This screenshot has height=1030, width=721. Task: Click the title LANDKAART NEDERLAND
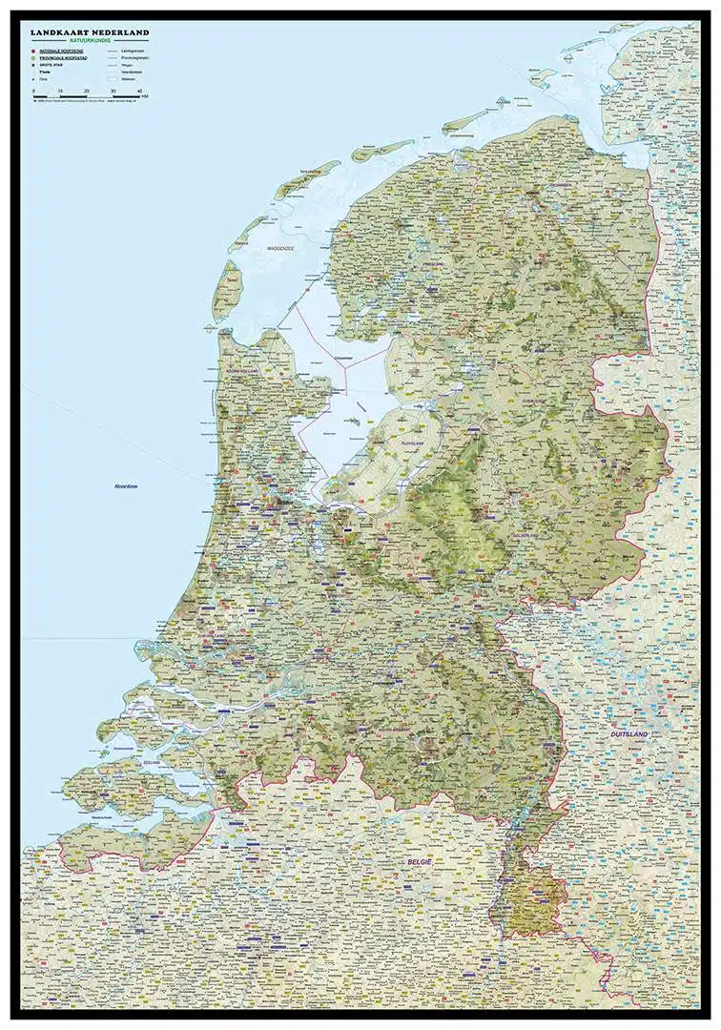click(x=90, y=32)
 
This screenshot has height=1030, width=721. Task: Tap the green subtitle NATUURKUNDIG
click(x=90, y=41)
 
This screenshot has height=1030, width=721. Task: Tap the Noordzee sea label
click(x=126, y=486)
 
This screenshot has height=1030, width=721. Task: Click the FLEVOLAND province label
click(x=413, y=443)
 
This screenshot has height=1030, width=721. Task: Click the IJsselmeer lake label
click(x=344, y=358)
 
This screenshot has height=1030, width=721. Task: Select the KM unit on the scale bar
click(x=144, y=96)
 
